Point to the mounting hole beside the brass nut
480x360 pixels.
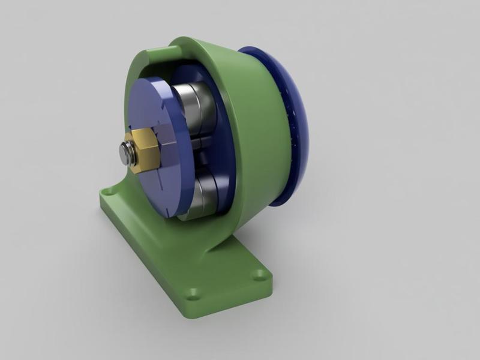tap(109, 193)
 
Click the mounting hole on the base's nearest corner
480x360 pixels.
tap(193, 294)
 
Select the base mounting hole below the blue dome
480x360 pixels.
tap(259, 275)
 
